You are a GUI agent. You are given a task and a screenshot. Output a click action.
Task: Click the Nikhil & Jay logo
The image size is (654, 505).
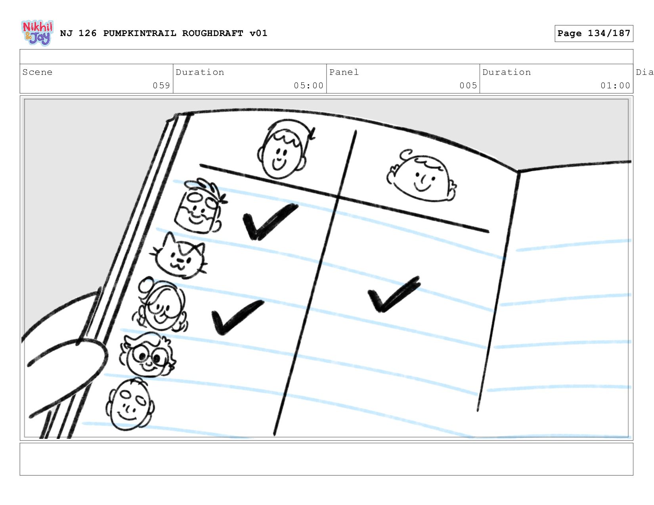coord(38,33)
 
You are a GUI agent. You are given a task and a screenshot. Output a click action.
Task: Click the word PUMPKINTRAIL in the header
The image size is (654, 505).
coord(140,33)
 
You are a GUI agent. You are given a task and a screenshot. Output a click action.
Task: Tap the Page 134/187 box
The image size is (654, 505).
coord(593,33)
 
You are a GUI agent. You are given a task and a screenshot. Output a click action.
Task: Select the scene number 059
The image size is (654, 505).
coord(161,86)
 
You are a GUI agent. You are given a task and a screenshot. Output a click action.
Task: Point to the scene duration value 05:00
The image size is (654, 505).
coord(308,86)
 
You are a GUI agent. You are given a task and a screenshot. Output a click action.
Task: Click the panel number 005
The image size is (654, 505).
coord(468,86)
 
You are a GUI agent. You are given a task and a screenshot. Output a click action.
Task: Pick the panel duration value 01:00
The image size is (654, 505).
coord(615,86)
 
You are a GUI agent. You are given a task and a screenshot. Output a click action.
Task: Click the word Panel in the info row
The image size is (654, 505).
coord(344,72)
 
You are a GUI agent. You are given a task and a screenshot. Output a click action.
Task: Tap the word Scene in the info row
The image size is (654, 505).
coord(37,72)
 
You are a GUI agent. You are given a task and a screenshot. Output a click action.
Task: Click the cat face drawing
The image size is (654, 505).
coord(179,255)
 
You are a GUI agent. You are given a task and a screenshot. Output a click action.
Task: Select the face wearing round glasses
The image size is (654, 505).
coord(147,355)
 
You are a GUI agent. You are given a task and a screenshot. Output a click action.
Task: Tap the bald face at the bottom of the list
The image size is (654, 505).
coord(130,404)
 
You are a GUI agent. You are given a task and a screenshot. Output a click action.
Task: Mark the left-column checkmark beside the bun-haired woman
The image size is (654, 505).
coord(237,318)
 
